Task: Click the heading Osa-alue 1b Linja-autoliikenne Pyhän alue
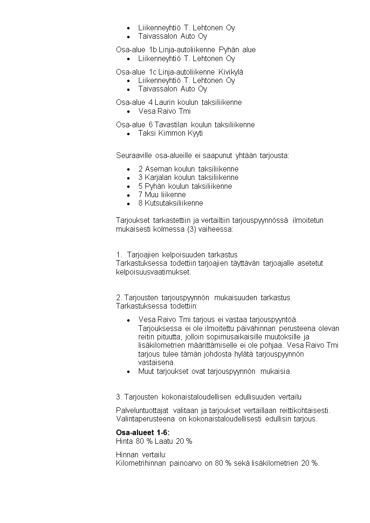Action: (185, 49)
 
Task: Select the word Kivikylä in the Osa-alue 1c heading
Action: (231, 72)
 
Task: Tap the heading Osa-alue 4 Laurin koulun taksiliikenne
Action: (178, 102)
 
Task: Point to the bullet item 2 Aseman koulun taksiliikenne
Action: (188, 169)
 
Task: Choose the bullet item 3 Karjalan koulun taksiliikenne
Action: (188, 177)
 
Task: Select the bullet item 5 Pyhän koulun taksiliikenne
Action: (185, 186)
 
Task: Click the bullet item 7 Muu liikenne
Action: (162, 194)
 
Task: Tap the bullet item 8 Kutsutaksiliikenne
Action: (171, 203)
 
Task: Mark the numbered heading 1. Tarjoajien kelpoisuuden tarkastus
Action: (177, 255)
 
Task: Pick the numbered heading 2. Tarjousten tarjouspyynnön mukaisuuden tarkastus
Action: (203, 297)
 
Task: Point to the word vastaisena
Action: (157, 362)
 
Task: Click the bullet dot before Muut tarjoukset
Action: (128, 372)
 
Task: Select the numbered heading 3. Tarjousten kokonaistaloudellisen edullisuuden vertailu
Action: (208, 397)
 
